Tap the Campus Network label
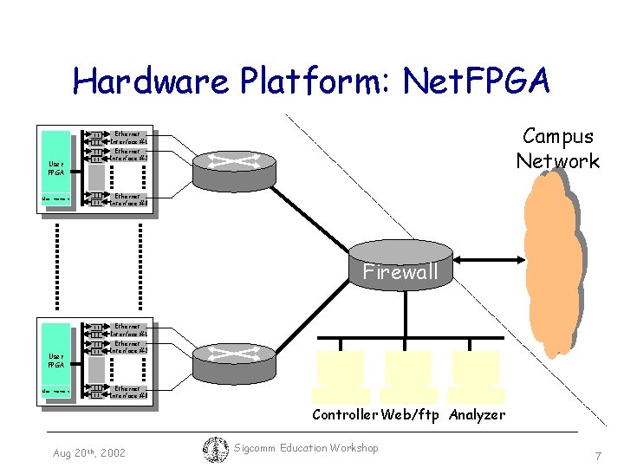tap(558, 148)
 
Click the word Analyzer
tap(477, 415)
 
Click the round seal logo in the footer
tap(215, 450)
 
